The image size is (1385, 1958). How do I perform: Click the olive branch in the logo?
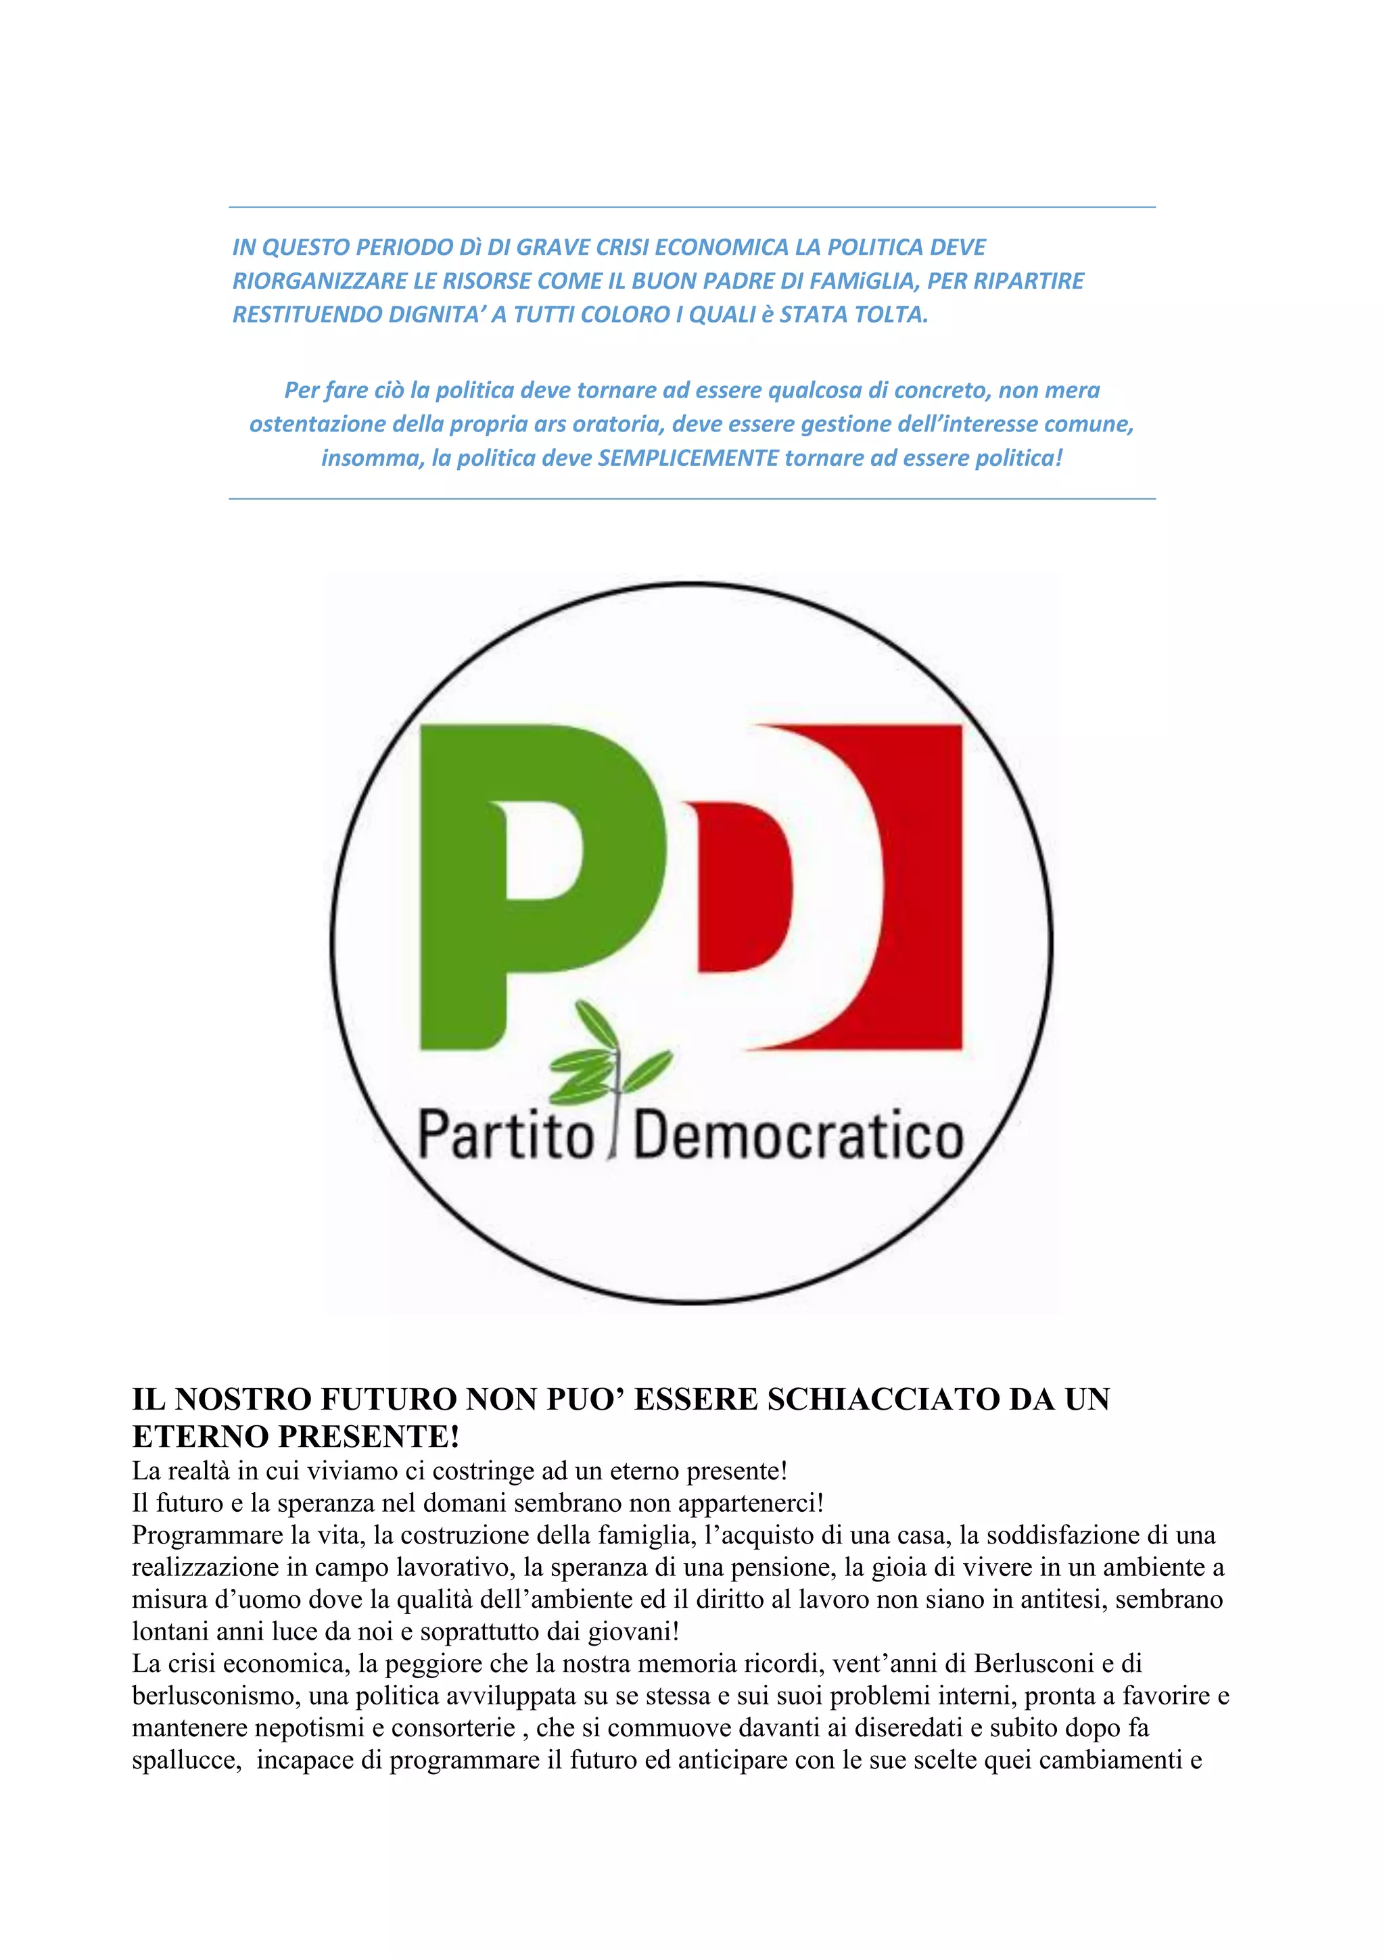(610, 1058)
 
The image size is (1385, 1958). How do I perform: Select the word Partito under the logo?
(506, 1137)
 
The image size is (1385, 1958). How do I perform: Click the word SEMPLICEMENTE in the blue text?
(688, 458)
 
